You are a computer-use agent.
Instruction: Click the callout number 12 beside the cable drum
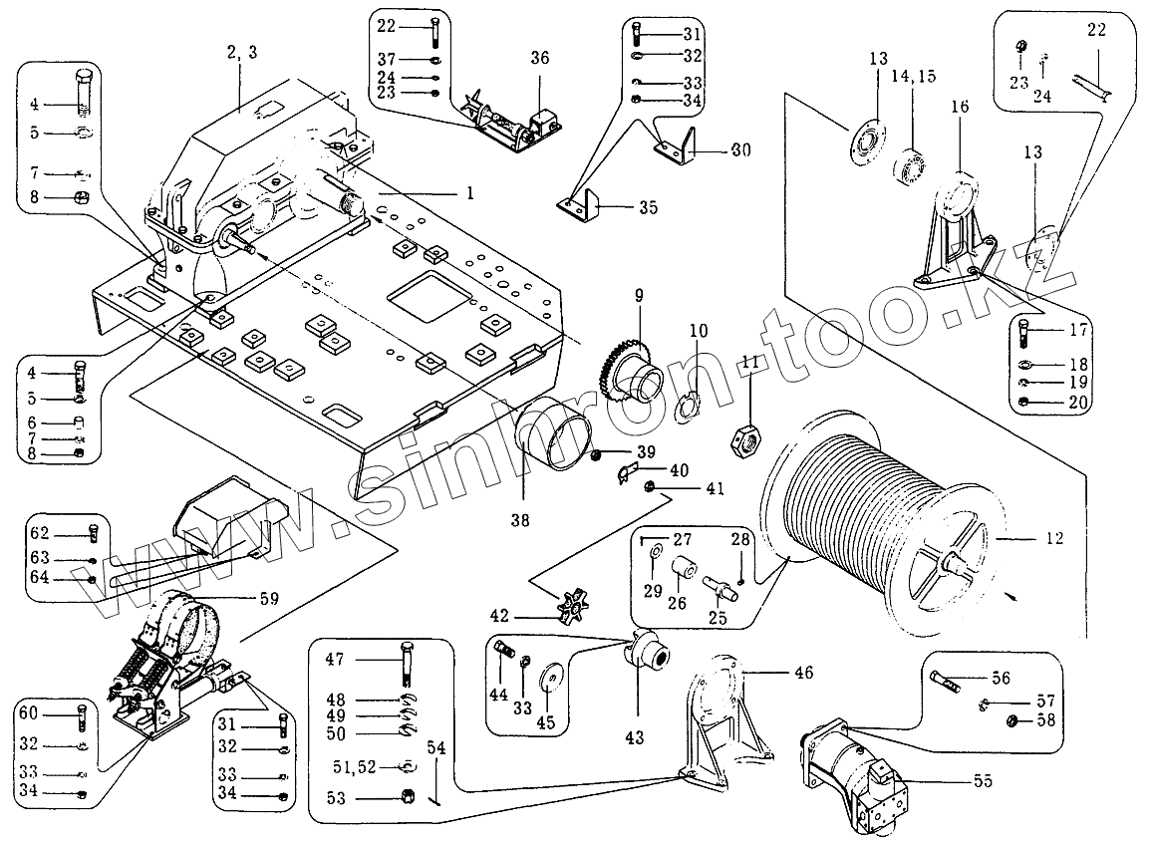coord(1054,538)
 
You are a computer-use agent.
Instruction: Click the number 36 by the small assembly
coord(539,59)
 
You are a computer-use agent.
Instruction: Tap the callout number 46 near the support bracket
coord(802,673)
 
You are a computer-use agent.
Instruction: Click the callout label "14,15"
coord(915,77)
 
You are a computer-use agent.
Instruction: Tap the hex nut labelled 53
coord(407,797)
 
